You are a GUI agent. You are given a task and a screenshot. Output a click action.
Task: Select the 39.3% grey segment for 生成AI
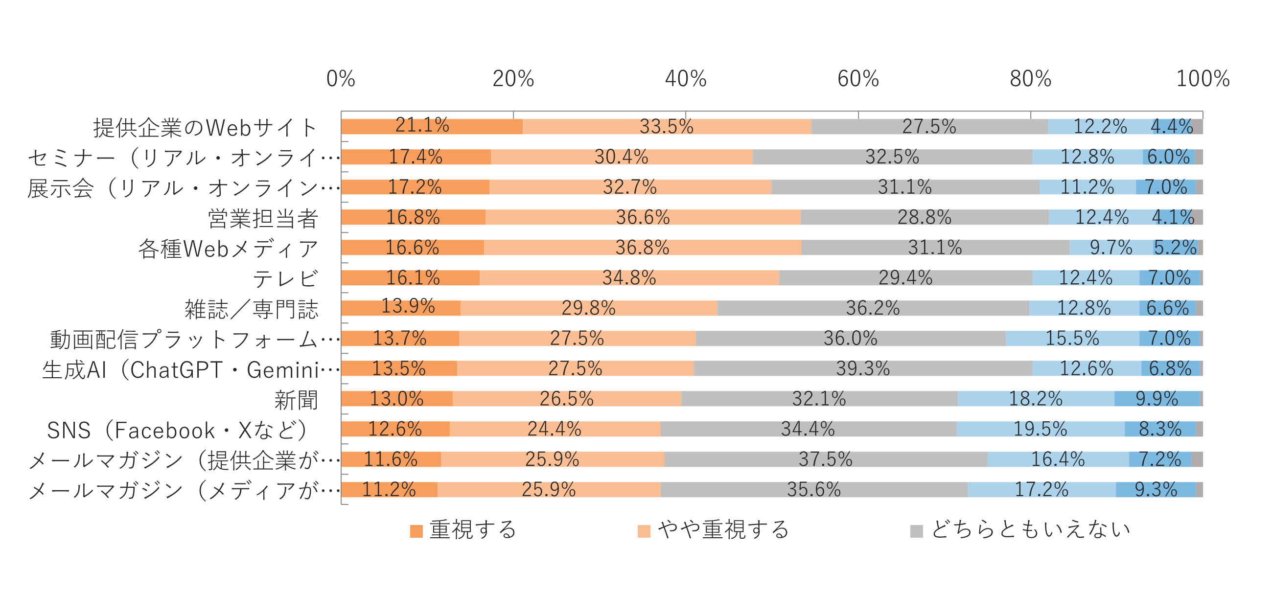pos(863,368)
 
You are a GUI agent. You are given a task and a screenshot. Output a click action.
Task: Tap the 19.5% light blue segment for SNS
pos(1041,429)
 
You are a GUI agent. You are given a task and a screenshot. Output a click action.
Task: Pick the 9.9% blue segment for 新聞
pos(1156,399)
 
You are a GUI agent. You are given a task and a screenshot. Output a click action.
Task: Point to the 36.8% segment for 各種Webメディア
pos(642,248)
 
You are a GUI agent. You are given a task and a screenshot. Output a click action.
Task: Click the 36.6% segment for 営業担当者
pos(643,217)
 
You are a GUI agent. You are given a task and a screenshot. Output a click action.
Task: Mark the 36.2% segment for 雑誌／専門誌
pos(873,308)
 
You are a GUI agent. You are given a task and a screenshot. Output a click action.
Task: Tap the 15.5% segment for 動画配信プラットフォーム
pos(1072,338)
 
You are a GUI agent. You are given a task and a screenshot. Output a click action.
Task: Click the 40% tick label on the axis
pos(685,79)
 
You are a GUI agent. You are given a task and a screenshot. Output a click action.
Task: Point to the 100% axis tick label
pos(1203,79)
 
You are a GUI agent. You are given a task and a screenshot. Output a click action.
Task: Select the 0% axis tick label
pos(341,79)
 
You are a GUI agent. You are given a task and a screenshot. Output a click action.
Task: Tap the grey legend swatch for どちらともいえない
pos(917,531)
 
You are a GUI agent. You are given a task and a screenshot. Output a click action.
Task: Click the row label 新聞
pos(296,400)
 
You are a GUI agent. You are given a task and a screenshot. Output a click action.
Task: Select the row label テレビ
pos(285,279)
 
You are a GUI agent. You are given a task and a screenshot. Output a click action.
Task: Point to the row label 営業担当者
pos(263,219)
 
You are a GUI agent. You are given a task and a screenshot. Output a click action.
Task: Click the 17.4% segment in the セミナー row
pos(416,157)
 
